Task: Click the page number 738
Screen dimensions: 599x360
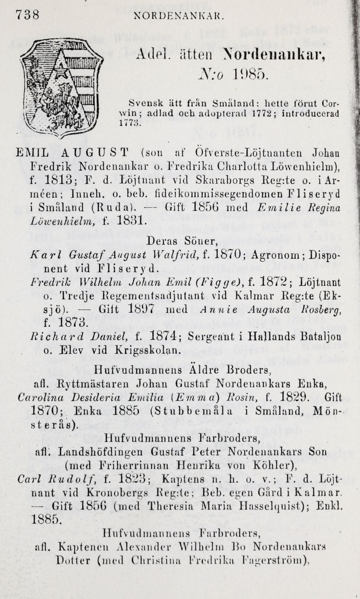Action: [27, 15]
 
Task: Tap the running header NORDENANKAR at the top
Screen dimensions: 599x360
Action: [179, 16]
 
